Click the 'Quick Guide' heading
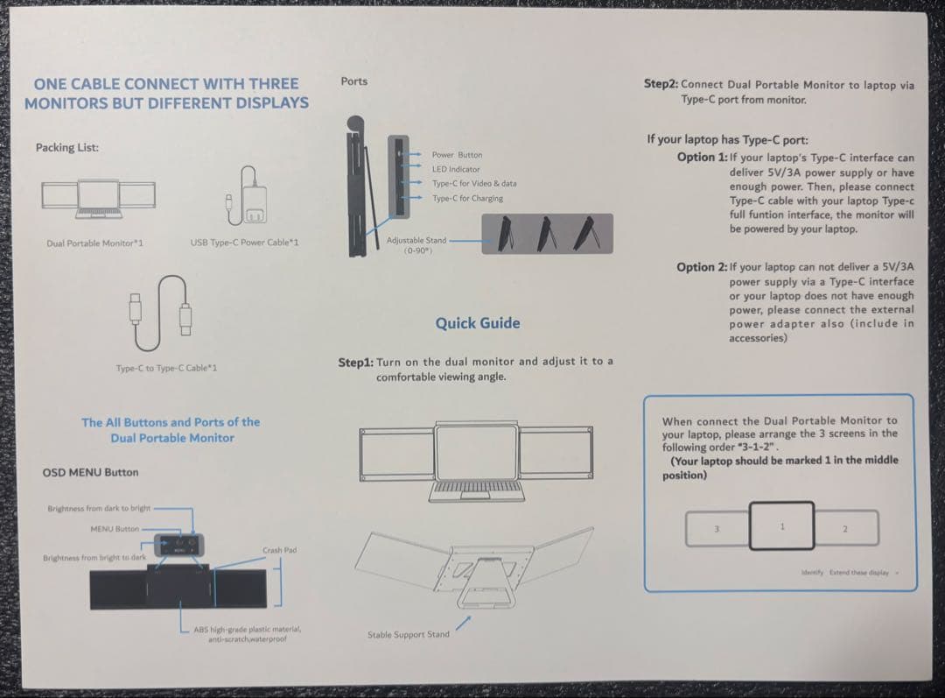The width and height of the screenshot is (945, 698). point(478,323)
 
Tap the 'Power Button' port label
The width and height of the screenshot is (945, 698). point(457,155)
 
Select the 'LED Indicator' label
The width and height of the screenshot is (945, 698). point(456,169)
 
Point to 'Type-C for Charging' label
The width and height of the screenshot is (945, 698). point(467,198)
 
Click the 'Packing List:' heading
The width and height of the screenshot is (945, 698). point(67,147)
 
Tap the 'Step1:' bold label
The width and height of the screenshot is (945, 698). point(355,362)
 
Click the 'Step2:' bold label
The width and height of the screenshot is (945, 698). point(661,84)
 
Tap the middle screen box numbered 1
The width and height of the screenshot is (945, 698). point(782,525)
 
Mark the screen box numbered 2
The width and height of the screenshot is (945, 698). point(846,528)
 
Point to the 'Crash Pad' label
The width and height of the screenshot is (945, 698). point(279,550)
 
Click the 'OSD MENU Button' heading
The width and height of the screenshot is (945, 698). point(90,473)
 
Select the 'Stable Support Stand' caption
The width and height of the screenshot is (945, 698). point(409,634)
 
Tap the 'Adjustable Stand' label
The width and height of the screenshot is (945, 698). point(416,240)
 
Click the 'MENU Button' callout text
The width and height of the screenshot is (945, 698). point(115,529)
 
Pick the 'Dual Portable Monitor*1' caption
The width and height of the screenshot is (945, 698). point(94,243)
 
